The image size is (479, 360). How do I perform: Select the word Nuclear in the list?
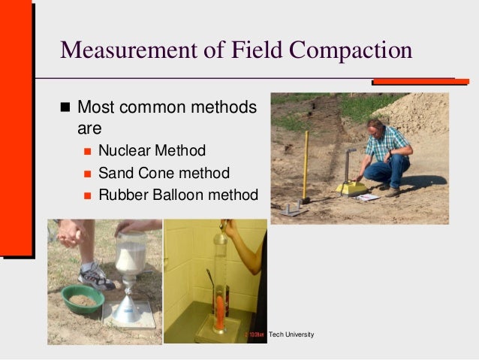[x=124, y=150]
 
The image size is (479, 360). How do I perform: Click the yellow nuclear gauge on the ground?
[x=350, y=187]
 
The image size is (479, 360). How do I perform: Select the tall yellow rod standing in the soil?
[x=306, y=165]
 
